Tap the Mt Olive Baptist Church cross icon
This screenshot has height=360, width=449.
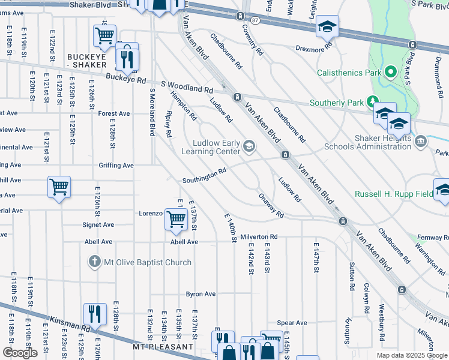coord(94,262)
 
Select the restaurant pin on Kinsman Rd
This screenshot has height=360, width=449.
coord(95,313)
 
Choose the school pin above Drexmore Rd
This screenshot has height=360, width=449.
coord(328,26)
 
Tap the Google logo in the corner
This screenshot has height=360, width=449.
coord(20,353)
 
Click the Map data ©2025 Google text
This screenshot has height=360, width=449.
coord(412,355)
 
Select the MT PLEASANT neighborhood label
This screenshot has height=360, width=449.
coord(164,347)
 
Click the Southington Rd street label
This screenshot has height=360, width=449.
coord(204,176)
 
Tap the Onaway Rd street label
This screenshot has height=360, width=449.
coord(270,205)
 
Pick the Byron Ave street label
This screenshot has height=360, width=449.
coord(200,294)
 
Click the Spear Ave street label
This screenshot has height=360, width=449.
coord(292,323)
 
